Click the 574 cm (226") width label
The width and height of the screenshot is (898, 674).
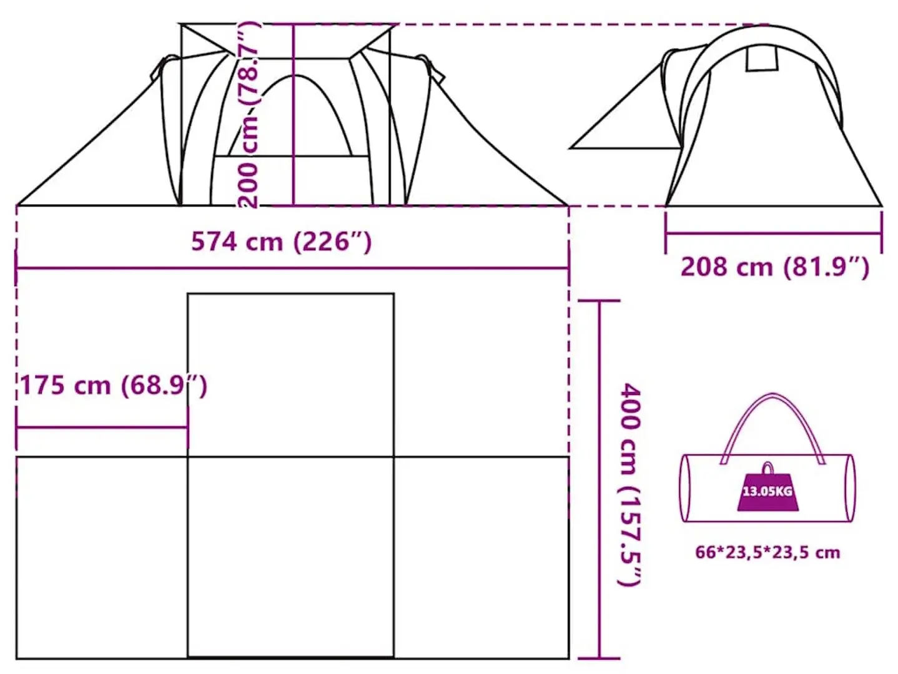(x=281, y=242)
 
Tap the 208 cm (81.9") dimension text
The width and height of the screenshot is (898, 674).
(x=774, y=267)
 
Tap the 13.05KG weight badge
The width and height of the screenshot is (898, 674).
(x=767, y=492)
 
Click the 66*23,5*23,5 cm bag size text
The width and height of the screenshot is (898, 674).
(x=767, y=552)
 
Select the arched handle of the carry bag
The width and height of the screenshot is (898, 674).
(x=772, y=412)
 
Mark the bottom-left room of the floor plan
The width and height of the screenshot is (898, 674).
(x=102, y=557)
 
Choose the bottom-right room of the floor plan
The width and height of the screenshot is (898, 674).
(x=481, y=557)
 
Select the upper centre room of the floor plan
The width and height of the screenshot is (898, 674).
(x=291, y=374)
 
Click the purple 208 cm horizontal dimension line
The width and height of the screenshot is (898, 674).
(x=774, y=234)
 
